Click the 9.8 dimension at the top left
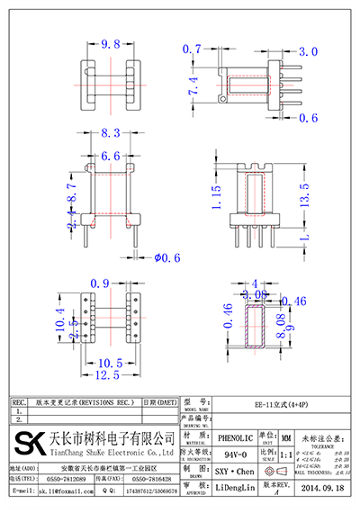[x=112, y=43]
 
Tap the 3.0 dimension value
[x=308, y=51]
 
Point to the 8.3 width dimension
[x=111, y=133]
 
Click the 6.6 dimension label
[x=111, y=157]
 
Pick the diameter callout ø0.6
[x=166, y=257]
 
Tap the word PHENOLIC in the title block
[x=234, y=433]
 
